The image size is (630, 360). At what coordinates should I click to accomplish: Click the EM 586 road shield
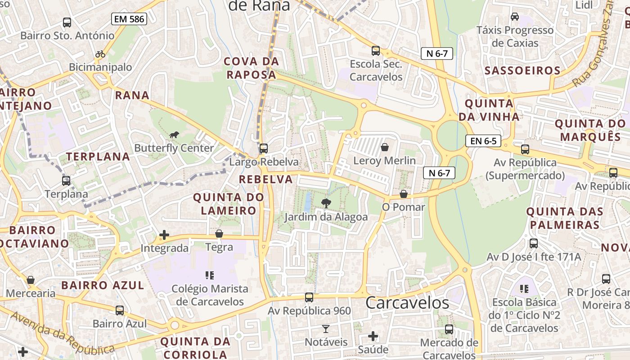pos(129,19)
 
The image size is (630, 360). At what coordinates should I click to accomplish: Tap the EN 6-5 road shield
pos(483,141)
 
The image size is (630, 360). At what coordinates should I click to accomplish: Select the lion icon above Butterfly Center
pos(174,135)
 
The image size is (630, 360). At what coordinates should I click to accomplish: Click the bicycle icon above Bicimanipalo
pos(100,54)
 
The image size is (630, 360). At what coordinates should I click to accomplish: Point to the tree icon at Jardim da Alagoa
pos(326,203)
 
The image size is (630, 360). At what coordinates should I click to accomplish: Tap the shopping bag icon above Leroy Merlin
pos(384,147)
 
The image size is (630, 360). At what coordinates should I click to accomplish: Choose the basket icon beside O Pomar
pos(404,194)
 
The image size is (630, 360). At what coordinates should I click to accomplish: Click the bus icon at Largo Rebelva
pos(264,148)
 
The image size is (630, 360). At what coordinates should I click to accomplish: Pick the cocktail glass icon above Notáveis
pos(326,329)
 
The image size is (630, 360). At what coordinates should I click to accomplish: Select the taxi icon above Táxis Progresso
pos(515,17)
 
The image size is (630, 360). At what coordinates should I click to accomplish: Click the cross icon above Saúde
pos(373,336)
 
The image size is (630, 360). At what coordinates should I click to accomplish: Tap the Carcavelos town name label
pos(407,303)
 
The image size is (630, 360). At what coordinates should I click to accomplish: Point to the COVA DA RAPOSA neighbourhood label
pos(252,68)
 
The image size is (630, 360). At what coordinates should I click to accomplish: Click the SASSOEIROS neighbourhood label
pos(522,71)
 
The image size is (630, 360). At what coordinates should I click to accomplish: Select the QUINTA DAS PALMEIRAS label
pos(563,218)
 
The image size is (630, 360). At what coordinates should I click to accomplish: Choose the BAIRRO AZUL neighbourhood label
pos(103,285)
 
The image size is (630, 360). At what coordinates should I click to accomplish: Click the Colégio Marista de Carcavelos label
pos(210,295)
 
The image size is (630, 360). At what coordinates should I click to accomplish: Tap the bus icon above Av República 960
pos(309,297)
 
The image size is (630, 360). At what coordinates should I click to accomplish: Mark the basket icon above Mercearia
pos(31,280)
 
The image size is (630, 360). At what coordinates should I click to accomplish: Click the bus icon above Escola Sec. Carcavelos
pos(376,51)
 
